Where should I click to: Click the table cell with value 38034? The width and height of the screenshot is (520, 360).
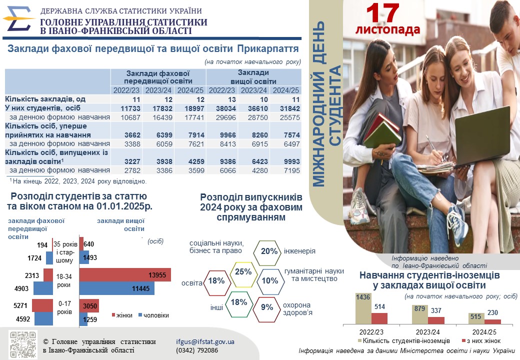click(x=222, y=108)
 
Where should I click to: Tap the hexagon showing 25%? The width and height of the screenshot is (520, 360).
click(x=243, y=272)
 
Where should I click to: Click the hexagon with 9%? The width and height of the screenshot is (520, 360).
click(x=266, y=307)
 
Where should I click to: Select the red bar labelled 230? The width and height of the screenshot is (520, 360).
click(x=492, y=321)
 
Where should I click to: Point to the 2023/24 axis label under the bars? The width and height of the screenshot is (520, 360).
click(x=427, y=331)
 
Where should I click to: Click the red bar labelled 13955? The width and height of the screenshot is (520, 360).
click(x=125, y=275)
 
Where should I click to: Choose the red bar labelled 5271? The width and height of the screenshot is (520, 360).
click(x=42, y=305)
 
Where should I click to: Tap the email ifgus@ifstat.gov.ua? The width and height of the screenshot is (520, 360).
click(x=205, y=342)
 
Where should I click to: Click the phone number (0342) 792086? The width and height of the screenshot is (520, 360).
click(x=197, y=350)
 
